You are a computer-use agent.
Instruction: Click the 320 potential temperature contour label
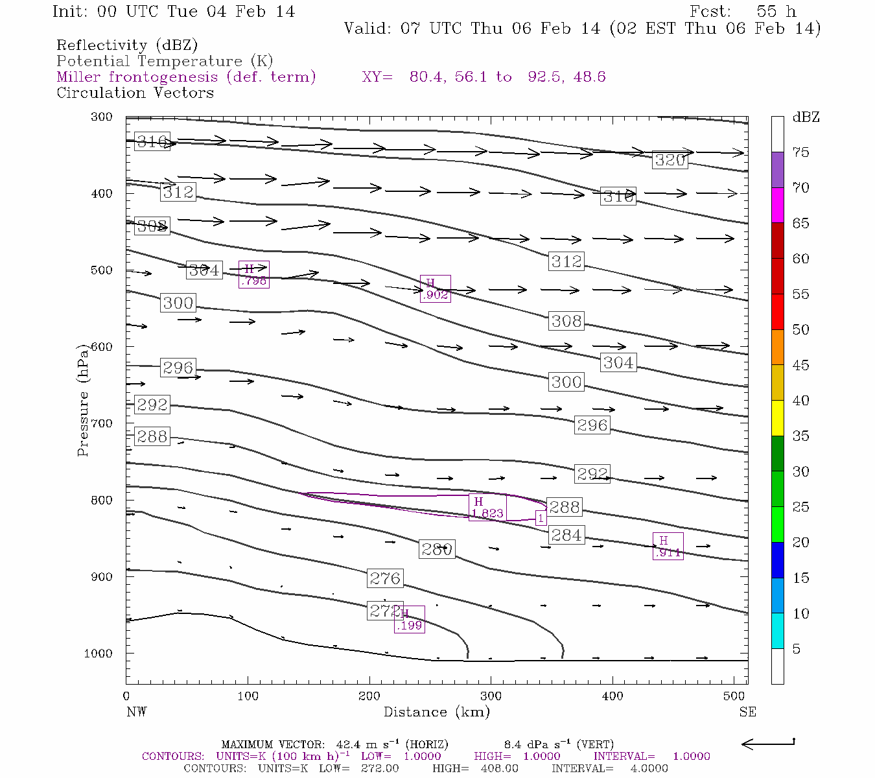(x=670, y=160)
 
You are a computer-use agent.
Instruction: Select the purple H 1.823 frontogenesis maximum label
(x=487, y=507)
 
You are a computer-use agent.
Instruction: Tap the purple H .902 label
(x=435, y=289)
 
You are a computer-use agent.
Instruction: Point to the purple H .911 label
(x=668, y=547)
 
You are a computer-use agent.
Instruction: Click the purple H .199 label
(x=409, y=619)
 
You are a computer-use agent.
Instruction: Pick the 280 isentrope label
(x=436, y=549)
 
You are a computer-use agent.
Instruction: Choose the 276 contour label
(x=385, y=578)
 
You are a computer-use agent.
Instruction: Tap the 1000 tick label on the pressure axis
(x=98, y=654)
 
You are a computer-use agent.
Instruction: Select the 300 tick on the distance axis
(x=491, y=696)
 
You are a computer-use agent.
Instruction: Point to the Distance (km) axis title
(x=436, y=712)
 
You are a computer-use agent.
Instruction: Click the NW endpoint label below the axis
(x=136, y=712)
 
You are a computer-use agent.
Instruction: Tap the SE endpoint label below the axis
(x=747, y=712)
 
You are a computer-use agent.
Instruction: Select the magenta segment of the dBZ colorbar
(x=777, y=205)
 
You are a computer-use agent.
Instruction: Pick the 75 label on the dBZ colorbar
(x=800, y=152)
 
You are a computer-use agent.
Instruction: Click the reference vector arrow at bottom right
(x=768, y=744)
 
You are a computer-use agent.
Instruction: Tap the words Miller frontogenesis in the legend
(x=137, y=77)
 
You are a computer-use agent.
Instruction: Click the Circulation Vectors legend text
(x=135, y=93)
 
